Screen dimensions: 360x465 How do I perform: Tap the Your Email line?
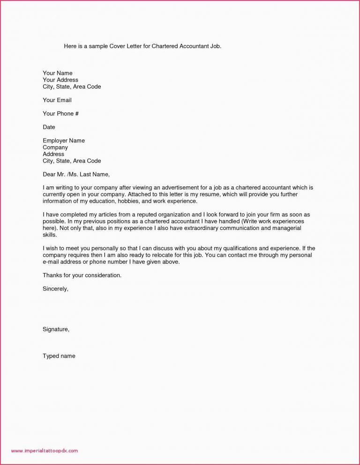click(57, 100)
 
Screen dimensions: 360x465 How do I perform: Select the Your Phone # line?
click(60, 114)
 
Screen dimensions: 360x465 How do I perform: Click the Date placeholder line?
click(49, 127)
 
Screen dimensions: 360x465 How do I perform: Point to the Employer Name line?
click(64, 140)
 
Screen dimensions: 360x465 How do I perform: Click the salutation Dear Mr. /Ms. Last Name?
click(76, 174)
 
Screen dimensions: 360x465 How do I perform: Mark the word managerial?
click(287, 228)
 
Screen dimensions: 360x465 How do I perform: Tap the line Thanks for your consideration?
click(82, 275)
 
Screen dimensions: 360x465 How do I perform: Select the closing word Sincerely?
click(55, 289)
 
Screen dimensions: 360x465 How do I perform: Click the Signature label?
click(56, 330)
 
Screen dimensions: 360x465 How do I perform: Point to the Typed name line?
click(59, 356)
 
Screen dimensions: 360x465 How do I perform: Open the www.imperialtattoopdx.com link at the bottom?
click(45, 451)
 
